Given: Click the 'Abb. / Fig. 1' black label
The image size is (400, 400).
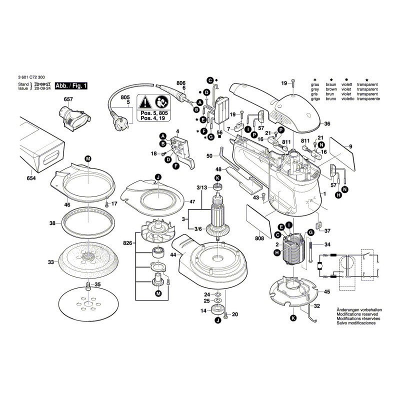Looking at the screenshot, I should pyautogui.click(x=71, y=86).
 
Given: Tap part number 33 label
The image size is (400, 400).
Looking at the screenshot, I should pyautogui.click(x=50, y=262).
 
